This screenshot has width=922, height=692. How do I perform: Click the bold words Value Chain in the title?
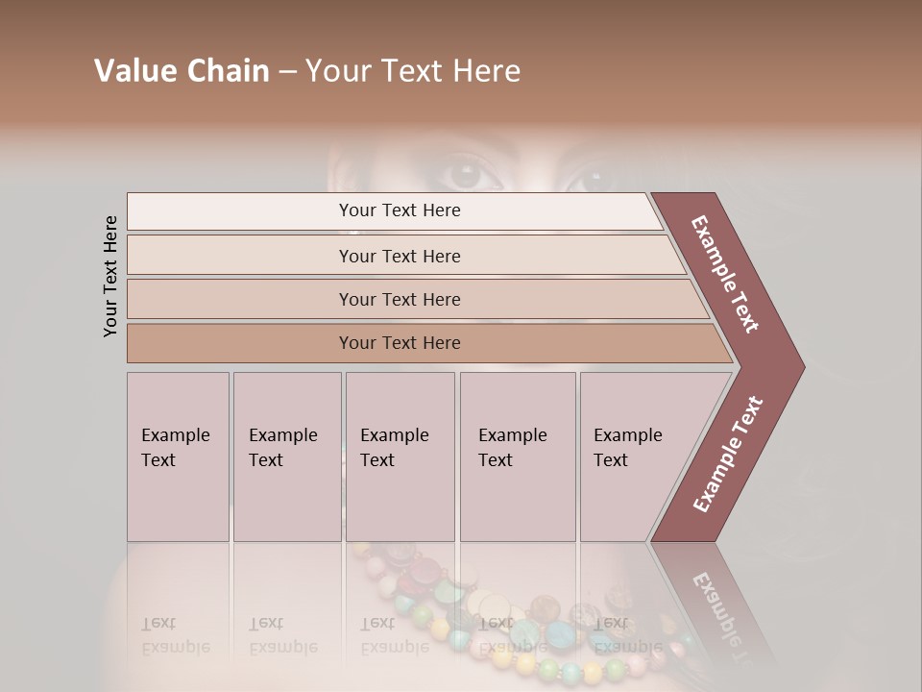[x=182, y=70]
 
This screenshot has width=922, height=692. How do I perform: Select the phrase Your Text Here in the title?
[x=413, y=70]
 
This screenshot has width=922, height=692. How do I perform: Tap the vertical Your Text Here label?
[x=110, y=276]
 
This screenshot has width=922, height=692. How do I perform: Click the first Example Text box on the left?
[x=178, y=457]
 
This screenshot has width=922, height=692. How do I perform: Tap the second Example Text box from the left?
[x=287, y=457]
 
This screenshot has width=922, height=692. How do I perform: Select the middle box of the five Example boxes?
[x=400, y=457]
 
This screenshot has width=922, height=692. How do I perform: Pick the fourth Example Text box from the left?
[x=518, y=457]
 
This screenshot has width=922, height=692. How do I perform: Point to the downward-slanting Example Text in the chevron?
[x=725, y=274]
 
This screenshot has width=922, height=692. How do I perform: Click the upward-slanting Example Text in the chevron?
[x=727, y=455]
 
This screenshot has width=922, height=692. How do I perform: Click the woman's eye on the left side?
[x=465, y=175]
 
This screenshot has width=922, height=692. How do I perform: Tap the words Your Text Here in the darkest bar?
[x=400, y=343]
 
